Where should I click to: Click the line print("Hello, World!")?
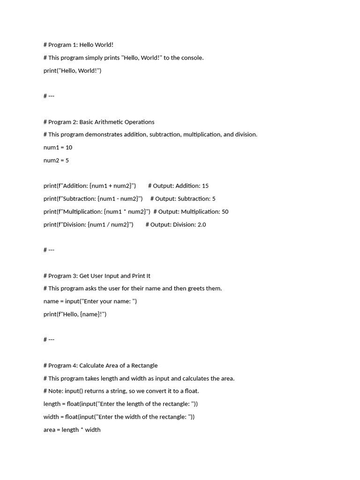(x=72, y=71)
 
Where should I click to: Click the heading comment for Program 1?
(x=78, y=45)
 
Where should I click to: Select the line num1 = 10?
(x=58, y=148)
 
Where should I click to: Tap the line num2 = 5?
(x=56, y=160)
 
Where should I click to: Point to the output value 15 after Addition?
(x=205, y=186)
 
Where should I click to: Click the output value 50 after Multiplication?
(x=225, y=212)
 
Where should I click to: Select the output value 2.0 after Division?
(x=202, y=225)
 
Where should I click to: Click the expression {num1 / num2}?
(x=108, y=225)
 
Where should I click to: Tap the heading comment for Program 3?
(x=97, y=276)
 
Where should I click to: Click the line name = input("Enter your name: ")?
(x=90, y=301)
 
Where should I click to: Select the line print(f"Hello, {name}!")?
(x=75, y=314)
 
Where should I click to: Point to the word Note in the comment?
(x=55, y=391)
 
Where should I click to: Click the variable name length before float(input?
(x=52, y=404)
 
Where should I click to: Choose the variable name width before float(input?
(x=51, y=417)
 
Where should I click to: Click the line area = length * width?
(x=72, y=430)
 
